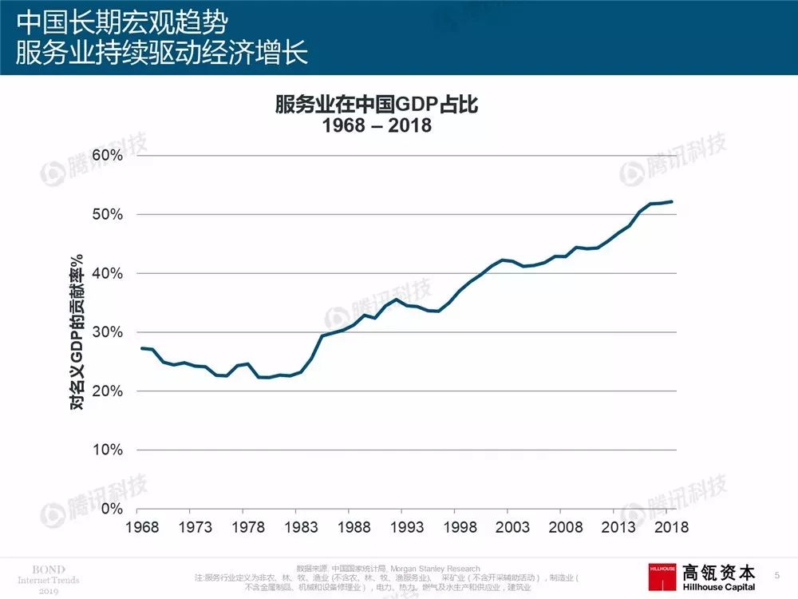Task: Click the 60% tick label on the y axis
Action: [106, 155]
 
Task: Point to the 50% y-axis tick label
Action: [106, 214]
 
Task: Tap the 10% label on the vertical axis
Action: [106, 450]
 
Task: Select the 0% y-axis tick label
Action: [111, 509]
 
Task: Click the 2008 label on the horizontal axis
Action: [565, 526]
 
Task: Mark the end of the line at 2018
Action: [672, 201]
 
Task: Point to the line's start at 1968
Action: [140, 348]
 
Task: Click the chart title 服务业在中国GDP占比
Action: [376, 105]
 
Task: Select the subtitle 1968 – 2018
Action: [376, 126]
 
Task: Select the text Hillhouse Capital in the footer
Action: [718, 585]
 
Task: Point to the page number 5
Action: [777, 574]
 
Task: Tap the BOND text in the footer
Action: [42, 569]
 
